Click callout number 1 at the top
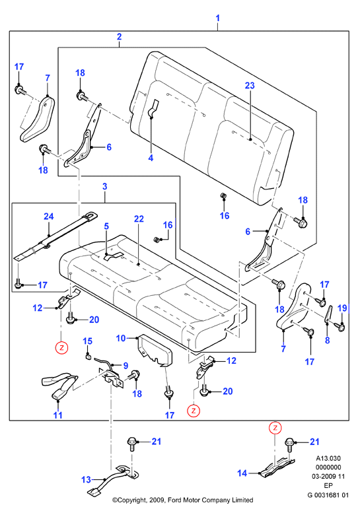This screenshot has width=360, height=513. point(218,18)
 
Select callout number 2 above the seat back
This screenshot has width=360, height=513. point(119,37)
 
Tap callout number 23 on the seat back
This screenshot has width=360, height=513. point(250,86)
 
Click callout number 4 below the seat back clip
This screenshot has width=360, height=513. point(151,158)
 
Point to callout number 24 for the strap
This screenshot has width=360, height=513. point(49,217)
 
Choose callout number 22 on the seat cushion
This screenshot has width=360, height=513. point(139,219)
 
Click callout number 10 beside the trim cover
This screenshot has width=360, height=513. point(121,338)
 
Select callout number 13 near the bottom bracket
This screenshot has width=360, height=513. point(86,479)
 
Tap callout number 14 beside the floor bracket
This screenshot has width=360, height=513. point(242,473)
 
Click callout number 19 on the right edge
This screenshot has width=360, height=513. point(342,308)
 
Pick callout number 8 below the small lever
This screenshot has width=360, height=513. point(327,340)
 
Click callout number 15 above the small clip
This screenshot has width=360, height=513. point(87,341)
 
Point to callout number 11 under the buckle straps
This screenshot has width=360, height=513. point(58,415)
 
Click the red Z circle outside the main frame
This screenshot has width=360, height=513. point(275,428)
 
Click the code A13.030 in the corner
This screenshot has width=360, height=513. point(328,458)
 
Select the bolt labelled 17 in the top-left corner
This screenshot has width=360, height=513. point(19,89)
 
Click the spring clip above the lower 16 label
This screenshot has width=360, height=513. point(223,196)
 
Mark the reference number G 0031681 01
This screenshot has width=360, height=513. point(328,495)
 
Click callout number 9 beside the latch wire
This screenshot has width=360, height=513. point(126,366)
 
